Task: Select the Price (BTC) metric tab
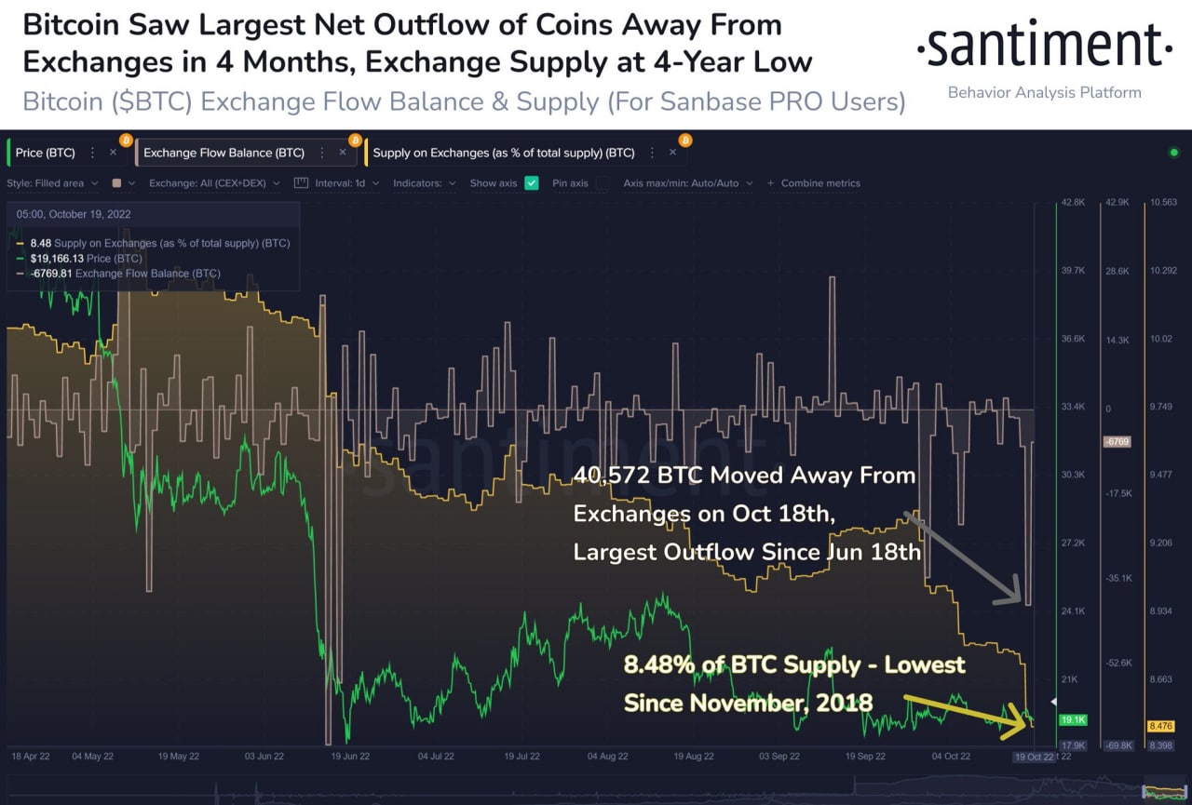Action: tap(46, 153)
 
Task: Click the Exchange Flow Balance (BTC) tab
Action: tap(223, 153)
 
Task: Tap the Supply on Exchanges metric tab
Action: tap(503, 153)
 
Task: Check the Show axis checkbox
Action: tap(532, 183)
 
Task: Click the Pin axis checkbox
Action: tap(603, 183)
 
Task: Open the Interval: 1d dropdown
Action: tap(340, 183)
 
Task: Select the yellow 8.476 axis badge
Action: tap(1161, 726)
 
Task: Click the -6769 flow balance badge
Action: tap(1116, 441)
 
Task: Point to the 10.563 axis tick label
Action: tap(1163, 203)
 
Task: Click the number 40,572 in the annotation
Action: tap(611, 476)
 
